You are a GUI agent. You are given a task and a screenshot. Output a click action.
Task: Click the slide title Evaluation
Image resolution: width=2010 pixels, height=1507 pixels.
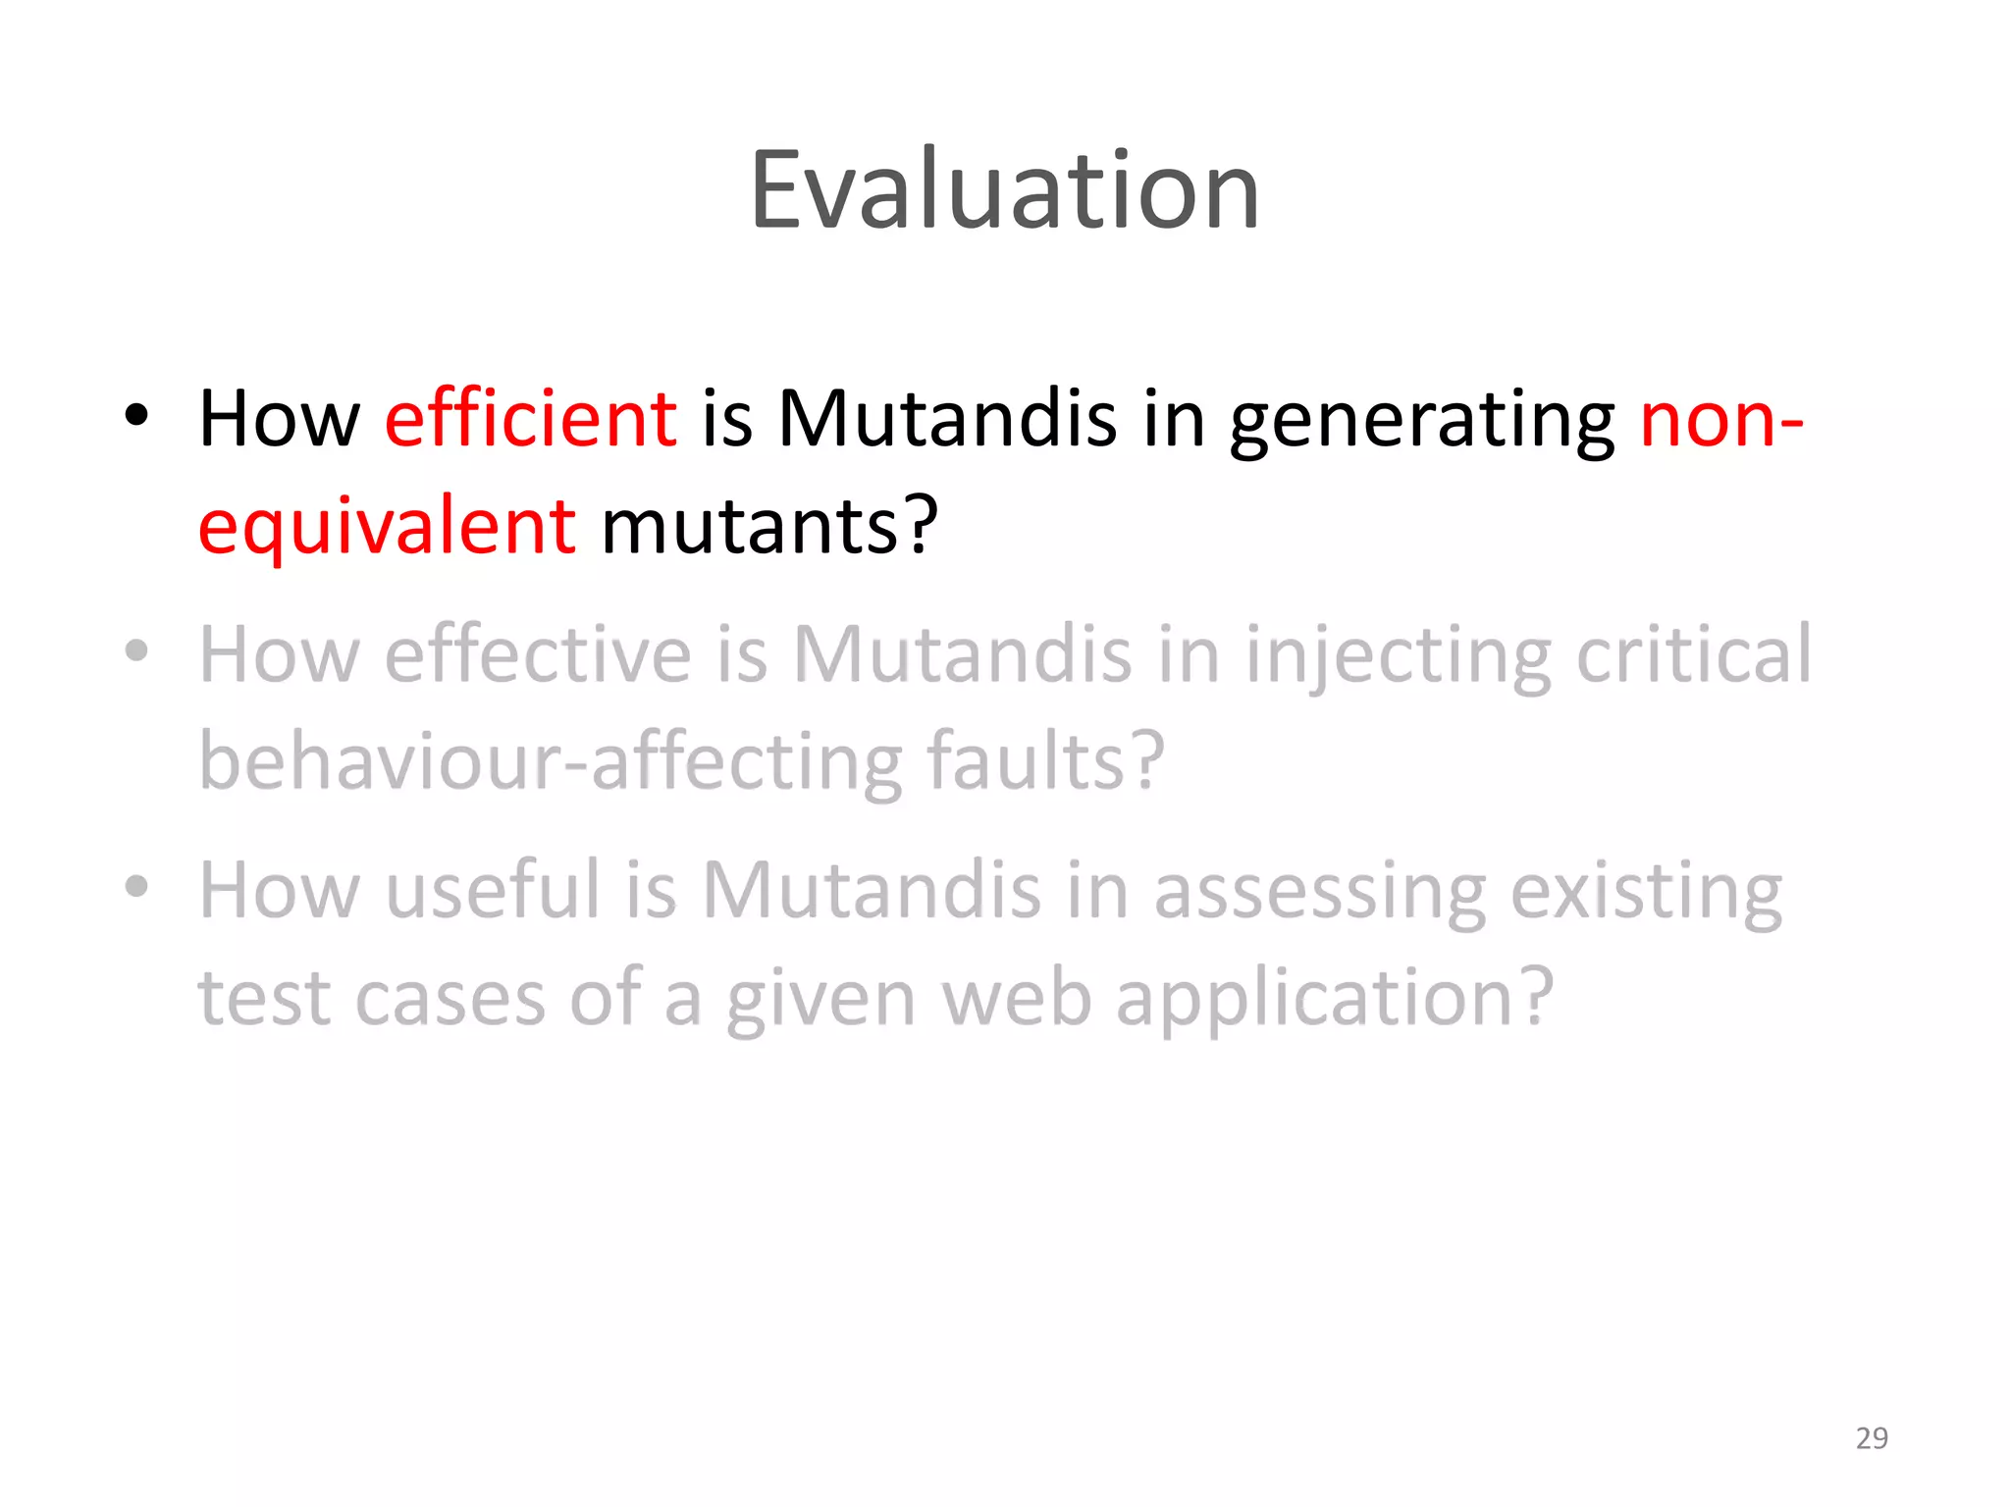1004,190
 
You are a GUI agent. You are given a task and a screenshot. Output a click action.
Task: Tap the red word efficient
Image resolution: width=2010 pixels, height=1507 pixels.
530,419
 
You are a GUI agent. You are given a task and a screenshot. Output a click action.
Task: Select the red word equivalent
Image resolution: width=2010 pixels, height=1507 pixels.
387,527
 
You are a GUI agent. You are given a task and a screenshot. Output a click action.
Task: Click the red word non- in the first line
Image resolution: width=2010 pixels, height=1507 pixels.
1720,419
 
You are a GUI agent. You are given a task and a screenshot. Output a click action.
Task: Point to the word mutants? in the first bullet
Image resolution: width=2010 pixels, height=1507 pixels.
769,527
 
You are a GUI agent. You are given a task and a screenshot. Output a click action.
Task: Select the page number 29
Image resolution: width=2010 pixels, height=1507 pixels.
1871,1437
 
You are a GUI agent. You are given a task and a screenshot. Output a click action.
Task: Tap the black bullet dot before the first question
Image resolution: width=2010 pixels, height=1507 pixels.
136,416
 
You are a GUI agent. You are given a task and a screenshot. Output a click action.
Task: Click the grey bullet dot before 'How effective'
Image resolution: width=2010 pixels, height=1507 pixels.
136,650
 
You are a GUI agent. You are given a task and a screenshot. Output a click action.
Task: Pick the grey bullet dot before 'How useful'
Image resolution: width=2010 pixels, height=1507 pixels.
136,886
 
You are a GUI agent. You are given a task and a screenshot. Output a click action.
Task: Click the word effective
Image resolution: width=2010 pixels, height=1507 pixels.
538,654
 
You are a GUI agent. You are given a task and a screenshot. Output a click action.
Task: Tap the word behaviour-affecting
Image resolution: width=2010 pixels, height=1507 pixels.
550,762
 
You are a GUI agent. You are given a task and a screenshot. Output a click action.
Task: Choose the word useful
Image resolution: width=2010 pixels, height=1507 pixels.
492,890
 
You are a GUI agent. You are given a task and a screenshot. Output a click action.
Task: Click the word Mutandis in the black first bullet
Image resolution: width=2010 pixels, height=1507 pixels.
946,419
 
